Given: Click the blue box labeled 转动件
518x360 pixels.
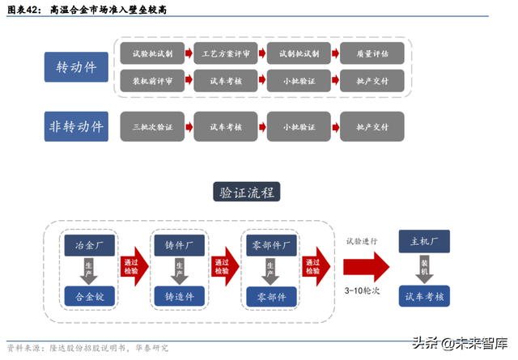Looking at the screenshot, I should [77, 67].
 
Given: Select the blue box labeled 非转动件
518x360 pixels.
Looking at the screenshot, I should [77, 127].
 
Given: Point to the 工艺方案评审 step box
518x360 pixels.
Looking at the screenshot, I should [226, 53].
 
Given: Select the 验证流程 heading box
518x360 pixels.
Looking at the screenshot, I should [246, 192].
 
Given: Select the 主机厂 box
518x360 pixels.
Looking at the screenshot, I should [425, 243].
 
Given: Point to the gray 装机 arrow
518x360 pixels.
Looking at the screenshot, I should [425, 268].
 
